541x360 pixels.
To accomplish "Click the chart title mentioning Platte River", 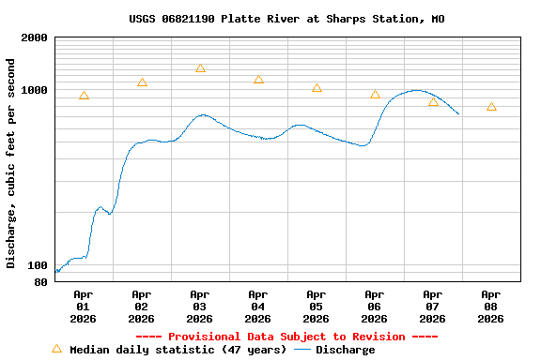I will click(286, 19).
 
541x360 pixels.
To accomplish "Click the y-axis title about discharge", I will click(11, 163).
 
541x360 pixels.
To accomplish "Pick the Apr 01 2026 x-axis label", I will click(83, 307).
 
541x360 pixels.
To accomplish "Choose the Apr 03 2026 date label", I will click(199, 307).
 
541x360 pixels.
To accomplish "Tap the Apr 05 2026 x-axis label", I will click(316, 307).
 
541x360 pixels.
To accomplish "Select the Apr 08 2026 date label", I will click(490, 307).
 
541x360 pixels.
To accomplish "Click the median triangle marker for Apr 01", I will click(84, 96).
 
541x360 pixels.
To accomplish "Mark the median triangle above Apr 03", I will click(200, 68).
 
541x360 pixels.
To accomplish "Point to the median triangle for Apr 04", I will click(258, 80).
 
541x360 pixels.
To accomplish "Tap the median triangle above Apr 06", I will click(375, 95).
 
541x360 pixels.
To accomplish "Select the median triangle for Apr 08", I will click(491, 107).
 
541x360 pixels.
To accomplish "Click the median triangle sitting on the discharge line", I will click(433, 102).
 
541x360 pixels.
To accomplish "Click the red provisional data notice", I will click(286, 337).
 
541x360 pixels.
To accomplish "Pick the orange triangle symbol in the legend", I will click(56, 349).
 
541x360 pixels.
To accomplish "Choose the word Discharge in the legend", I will click(345, 350).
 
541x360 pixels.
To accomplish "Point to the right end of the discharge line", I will click(458, 113).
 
